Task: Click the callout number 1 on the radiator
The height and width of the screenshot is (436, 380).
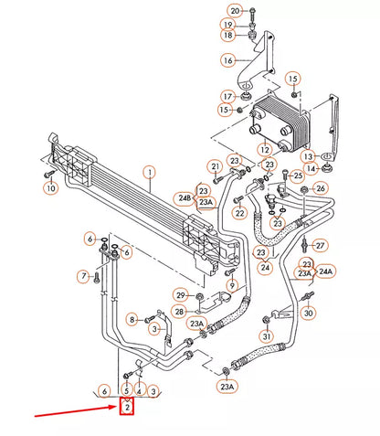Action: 149,170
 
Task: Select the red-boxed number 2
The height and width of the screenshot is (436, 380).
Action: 127,407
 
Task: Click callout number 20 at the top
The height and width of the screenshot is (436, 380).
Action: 235,10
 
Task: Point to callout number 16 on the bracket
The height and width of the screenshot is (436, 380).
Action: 227,60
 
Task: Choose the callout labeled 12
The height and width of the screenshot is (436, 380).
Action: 263,149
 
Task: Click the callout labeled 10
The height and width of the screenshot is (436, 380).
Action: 50,188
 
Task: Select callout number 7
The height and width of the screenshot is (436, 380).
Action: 82,275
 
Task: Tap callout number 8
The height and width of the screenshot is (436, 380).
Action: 132,319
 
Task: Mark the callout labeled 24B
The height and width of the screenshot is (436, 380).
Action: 185,197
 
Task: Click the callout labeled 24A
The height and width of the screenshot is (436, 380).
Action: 325,271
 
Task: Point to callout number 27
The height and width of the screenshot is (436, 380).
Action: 320,245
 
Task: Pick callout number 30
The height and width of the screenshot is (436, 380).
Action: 308,313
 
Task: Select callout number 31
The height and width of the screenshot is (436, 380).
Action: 266,336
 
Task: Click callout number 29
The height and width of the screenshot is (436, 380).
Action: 181,294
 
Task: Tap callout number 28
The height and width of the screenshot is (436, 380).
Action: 181,313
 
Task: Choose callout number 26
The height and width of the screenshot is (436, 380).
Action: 320,189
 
